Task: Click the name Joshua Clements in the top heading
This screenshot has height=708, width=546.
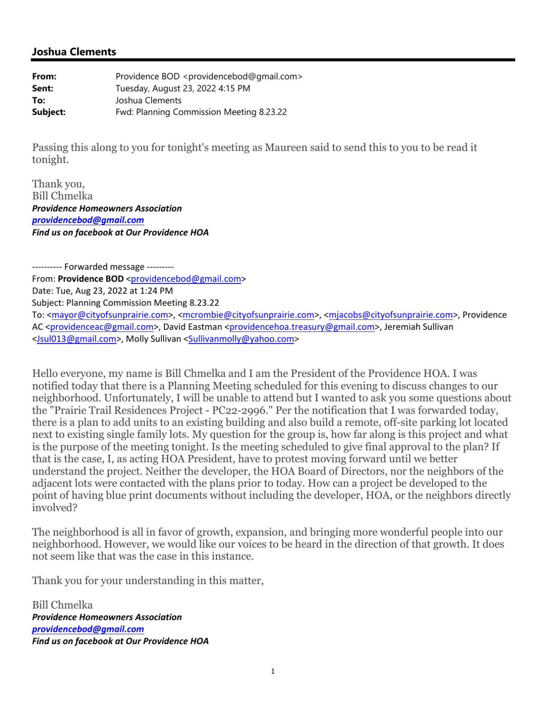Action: [74, 52]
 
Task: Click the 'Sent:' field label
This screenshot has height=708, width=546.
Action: [43, 89]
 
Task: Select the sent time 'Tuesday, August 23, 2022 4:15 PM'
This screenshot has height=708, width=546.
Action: [183, 89]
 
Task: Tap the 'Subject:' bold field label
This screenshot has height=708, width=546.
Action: [49, 112]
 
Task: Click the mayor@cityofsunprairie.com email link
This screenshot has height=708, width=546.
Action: [110, 315]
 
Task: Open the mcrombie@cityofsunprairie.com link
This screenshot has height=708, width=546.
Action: [248, 315]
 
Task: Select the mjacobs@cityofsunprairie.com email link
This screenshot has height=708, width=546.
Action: [390, 315]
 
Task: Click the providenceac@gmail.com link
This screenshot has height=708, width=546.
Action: [101, 327]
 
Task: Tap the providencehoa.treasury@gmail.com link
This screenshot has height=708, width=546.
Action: [302, 327]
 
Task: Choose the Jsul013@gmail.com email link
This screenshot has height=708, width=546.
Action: [76, 339]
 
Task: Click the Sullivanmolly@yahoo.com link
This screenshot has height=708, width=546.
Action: [241, 339]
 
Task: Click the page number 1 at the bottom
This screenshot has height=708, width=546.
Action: [272, 671]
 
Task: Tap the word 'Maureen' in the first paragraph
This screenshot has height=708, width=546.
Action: [285, 148]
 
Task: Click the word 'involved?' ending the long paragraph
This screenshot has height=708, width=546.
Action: [54, 508]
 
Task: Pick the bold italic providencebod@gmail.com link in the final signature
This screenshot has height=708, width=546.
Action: [88, 629]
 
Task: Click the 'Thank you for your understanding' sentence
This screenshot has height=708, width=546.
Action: [148, 580]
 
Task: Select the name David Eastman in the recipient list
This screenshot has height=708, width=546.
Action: [193, 327]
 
